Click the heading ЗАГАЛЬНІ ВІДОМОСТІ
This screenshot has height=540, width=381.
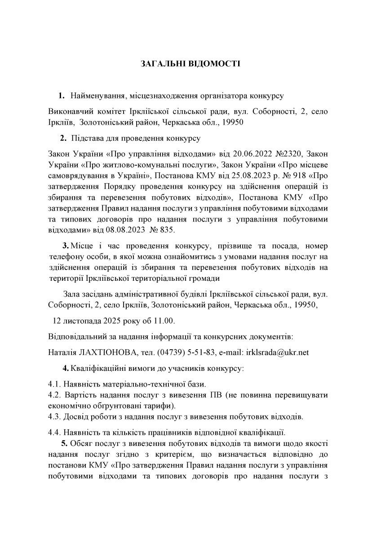(x=190, y=64)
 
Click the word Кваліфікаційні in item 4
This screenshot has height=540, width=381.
(x=97, y=369)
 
